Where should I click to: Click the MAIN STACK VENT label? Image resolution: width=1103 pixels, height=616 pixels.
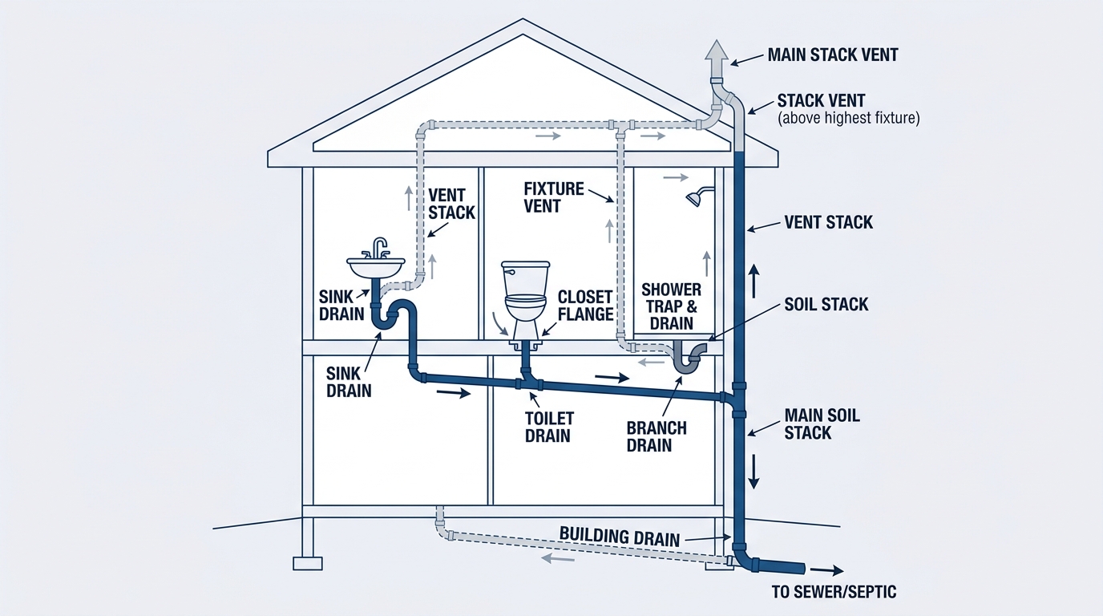pos(833,55)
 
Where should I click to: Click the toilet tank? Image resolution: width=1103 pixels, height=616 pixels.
pos(525,278)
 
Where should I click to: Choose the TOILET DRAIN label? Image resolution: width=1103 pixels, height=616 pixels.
pos(549,427)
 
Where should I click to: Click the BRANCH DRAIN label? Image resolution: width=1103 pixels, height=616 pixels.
pos(657,436)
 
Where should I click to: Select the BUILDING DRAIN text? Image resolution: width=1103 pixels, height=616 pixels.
pos(620,536)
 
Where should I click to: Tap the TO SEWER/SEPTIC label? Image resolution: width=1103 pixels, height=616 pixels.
pos(834,592)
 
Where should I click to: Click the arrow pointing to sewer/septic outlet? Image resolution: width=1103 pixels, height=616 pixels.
pos(826,570)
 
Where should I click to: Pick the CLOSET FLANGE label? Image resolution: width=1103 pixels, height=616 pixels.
pos(585,306)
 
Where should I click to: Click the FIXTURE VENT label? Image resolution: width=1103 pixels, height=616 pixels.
pos(553,197)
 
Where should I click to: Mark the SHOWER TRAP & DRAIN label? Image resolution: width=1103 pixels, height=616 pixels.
pos(671,306)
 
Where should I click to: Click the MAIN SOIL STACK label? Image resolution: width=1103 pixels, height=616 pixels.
pos(822,423)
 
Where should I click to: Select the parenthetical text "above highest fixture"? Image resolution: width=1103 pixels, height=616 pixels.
pos(848,119)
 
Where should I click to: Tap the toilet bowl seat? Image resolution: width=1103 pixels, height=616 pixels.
pos(526,298)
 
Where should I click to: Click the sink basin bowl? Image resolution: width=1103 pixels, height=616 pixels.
pos(376,267)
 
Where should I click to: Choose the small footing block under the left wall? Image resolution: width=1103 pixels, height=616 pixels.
pos(308,563)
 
